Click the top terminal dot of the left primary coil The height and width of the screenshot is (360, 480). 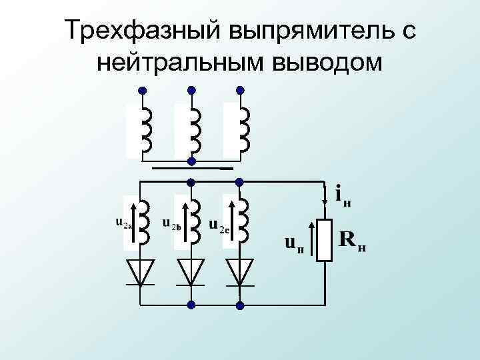tap(141, 90)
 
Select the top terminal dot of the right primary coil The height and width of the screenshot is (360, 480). tap(240, 90)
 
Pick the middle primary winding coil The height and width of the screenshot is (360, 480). tap(194, 130)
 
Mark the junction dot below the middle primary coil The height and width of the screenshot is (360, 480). tap(191, 161)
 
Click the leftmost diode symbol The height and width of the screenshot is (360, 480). tap(141, 272)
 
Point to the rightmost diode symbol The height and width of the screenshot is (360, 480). tap(240, 272)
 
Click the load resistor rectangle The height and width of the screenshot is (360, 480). tap(325, 240)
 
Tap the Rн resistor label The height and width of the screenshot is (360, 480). tap(353, 240)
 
